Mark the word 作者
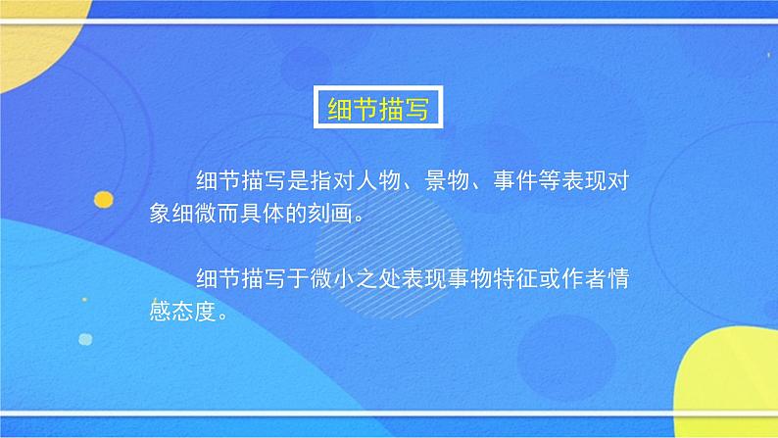604,279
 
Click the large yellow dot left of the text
103,199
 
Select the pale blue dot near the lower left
85,339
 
